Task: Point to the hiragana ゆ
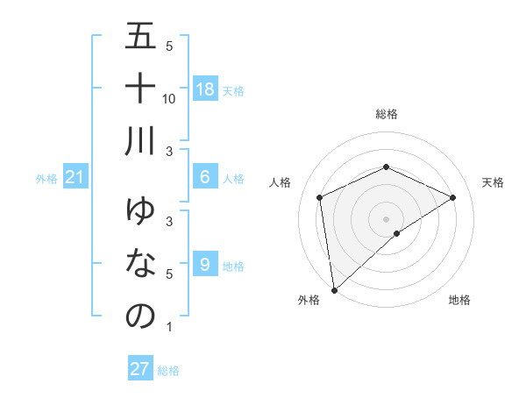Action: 140,210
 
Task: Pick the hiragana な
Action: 140,263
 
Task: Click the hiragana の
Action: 140,316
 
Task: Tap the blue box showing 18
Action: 205,89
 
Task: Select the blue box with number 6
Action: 205,177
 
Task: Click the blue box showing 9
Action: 205,264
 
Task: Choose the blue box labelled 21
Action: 75,178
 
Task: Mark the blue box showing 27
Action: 140,369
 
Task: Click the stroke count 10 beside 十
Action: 170,99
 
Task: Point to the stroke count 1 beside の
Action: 168,327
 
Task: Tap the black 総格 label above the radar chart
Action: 387,115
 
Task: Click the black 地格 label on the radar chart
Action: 459,300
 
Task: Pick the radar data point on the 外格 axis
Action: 333,289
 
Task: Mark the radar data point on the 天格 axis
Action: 452,197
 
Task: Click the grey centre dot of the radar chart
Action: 386,218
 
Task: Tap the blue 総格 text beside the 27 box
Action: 168,371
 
